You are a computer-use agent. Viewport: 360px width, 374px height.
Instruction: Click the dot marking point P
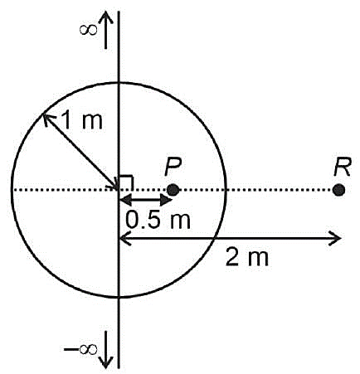(173, 190)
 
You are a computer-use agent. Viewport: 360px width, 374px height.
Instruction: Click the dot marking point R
(338, 190)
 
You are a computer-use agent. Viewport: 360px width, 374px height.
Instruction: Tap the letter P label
(173, 168)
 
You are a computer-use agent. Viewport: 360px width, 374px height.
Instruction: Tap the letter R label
(343, 168)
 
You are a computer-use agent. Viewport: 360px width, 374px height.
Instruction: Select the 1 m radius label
(82, 119)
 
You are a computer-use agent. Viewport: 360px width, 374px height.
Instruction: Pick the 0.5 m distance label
(158, 220)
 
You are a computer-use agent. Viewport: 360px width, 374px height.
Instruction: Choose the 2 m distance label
(247, 257)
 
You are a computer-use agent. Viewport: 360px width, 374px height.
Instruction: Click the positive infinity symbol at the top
(89, 30)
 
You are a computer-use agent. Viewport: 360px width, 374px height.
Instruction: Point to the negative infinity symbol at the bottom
(80, 349)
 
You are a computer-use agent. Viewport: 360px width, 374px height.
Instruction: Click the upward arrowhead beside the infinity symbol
(106, 18)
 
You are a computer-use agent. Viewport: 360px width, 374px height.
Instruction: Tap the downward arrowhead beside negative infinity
(106, 361)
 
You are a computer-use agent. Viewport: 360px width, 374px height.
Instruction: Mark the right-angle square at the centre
(126, 182)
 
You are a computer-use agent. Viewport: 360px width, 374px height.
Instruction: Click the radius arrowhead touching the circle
(48, 119)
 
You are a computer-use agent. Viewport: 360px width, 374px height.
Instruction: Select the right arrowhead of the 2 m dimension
(335, 238)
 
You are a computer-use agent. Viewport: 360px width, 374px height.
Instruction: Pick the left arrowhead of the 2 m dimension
(126, 238)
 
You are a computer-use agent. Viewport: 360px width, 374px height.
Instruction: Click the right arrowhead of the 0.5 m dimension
(167, 200)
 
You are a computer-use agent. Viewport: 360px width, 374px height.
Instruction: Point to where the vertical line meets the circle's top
(119, 82)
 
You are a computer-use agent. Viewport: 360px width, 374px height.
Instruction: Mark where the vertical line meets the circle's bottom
(119, 298)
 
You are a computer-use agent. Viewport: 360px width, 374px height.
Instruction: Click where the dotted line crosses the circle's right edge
(226, 190)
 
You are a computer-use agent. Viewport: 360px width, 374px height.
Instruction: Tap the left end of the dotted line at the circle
(12, 190)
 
